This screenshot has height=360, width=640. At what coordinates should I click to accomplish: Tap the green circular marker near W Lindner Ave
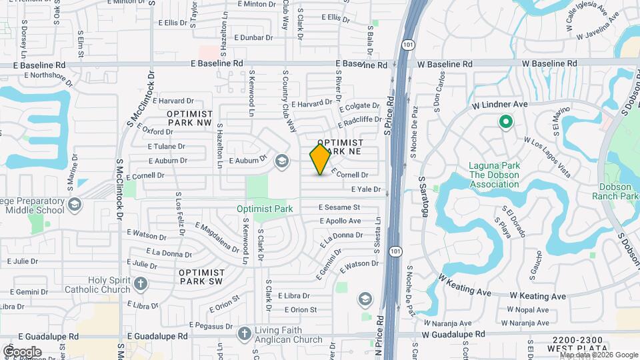(505, 121)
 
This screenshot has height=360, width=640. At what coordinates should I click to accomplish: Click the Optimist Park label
(265, 209)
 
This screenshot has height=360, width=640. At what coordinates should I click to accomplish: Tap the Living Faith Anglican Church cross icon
(245, 333)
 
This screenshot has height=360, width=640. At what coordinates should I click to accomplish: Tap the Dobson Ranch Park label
(615, 191)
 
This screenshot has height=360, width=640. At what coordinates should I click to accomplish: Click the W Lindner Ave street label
(499, 105)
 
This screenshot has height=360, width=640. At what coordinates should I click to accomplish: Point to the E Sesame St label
(339, 208)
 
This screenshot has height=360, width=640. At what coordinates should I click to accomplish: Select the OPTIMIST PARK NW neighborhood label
(189, 119)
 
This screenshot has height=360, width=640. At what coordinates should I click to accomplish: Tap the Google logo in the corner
(21, 351)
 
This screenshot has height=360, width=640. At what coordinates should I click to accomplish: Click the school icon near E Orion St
(365, 298)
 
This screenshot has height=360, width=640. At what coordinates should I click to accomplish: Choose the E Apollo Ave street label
(340, 221)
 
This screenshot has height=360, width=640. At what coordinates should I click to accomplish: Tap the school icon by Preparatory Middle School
(74, 203)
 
